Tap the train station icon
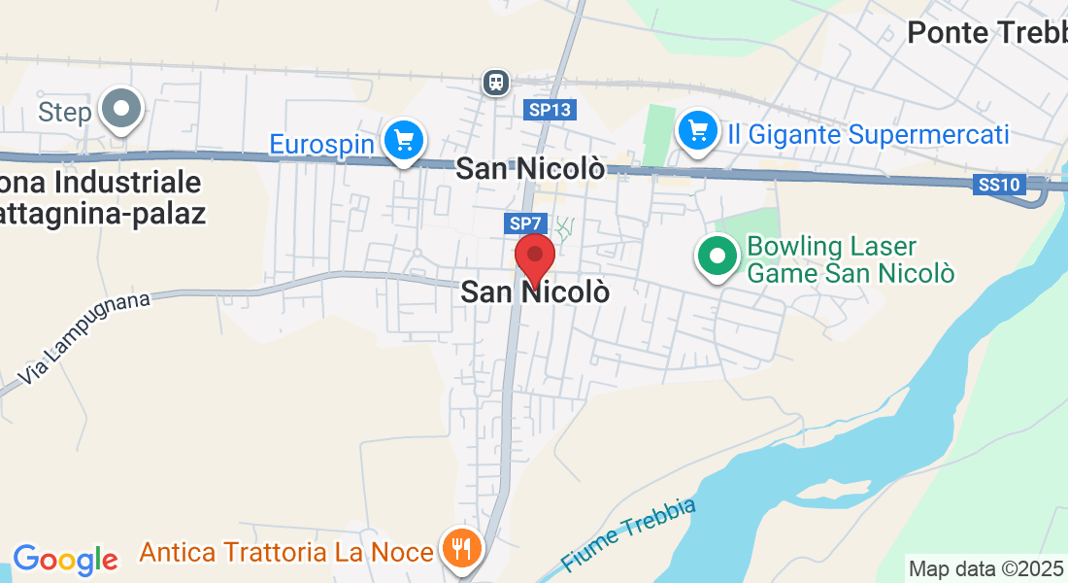(x=496, y=83)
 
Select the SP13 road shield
(x=550, y=110)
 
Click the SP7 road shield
(x=520, y=224)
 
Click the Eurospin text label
(x=321, y=145)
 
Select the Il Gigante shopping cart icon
(x=697, y=130)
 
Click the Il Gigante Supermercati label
(x=868, y=134)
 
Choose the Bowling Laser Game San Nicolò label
(x=851, y=260)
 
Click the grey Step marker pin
(x=122, y=110)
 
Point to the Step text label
(x=65, y=113)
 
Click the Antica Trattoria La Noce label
(x=286, y=553)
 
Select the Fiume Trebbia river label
(x=629, y=534)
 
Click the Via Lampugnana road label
(x=85, y=336)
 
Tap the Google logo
(x=65, y=560)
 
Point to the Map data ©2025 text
(x=985, y=568)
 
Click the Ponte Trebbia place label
(x=986, y=33)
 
